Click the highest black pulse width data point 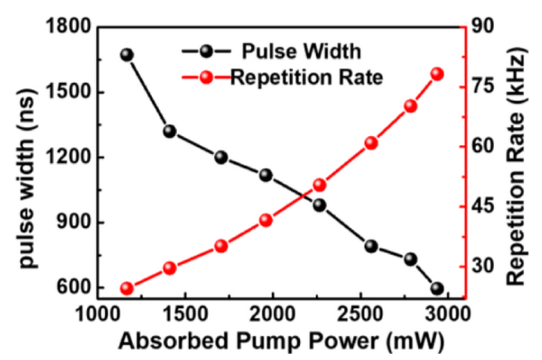(126, 55)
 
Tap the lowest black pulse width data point (438, 289)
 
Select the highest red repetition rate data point (438, 74)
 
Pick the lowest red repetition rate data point (126, 289)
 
